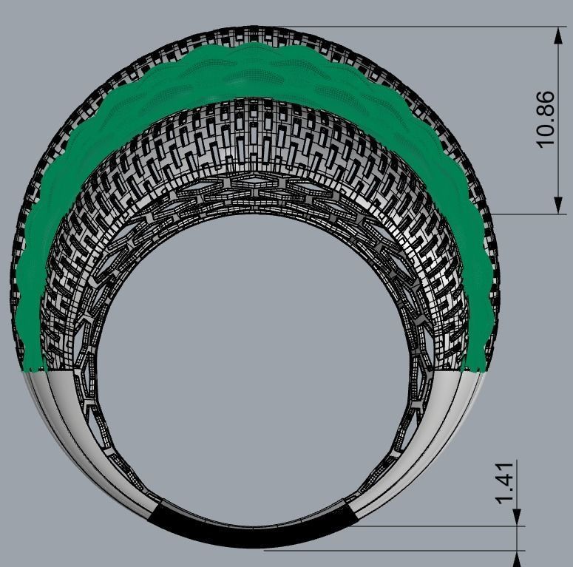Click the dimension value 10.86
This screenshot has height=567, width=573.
point(545,119)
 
